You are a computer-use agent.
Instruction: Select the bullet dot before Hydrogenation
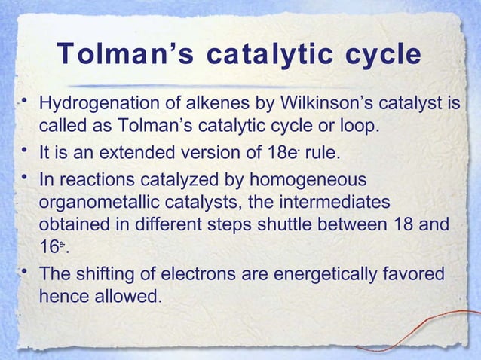pos(26,100)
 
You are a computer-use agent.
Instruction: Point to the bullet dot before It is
pos(26,154)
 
